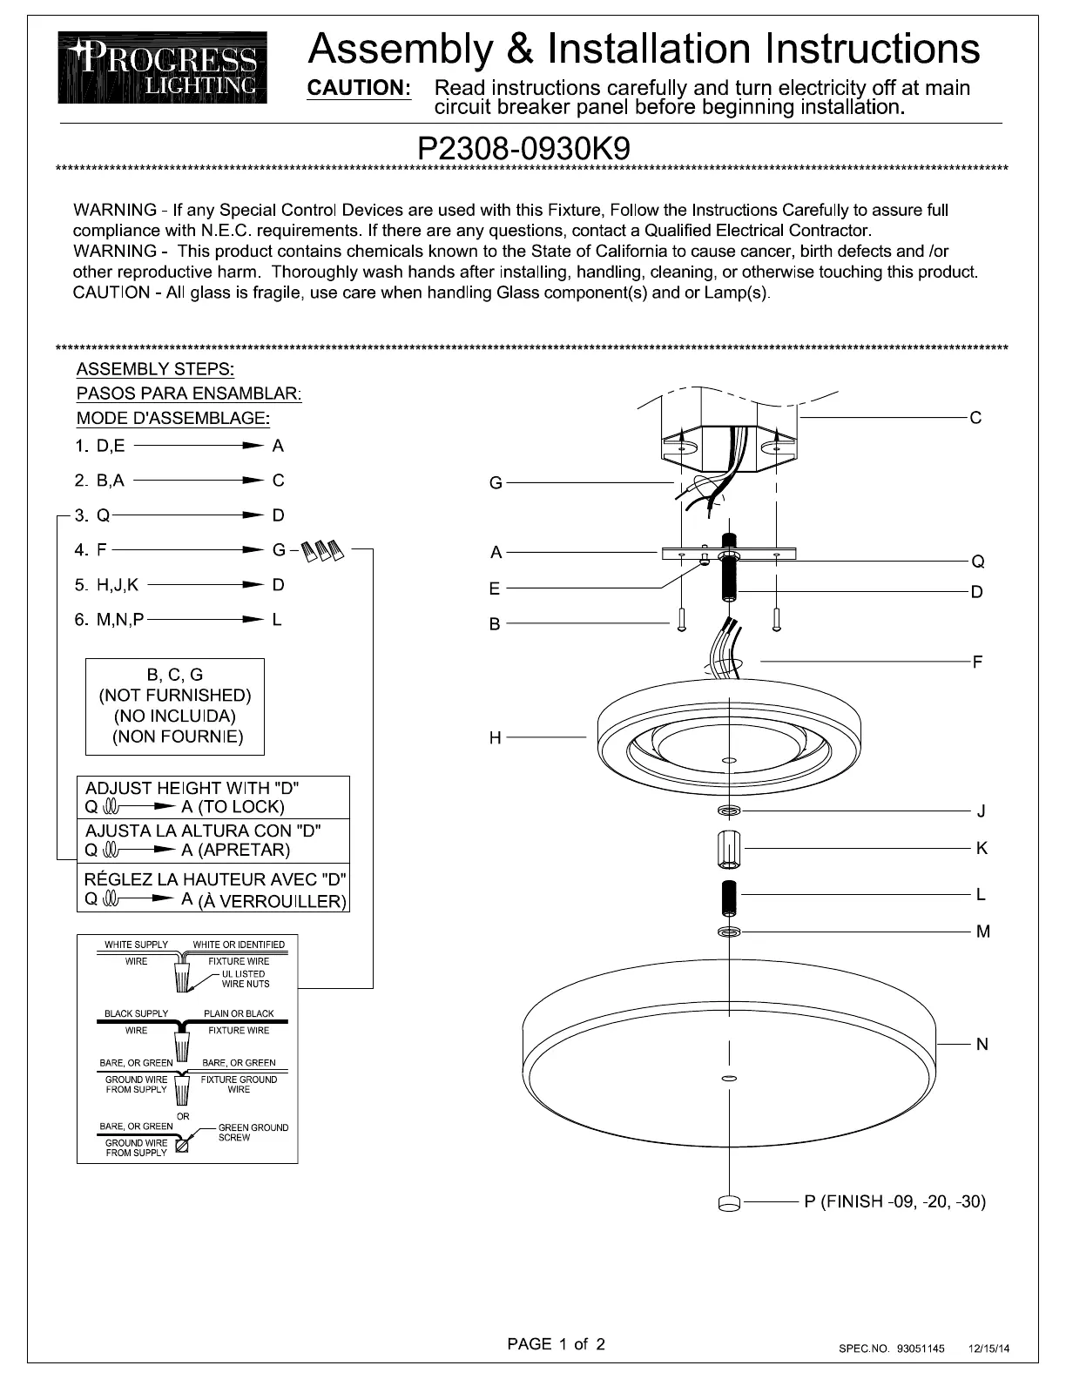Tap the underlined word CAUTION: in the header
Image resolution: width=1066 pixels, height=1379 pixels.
point(360,88)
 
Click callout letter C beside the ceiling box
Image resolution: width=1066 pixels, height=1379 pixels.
point(975,418)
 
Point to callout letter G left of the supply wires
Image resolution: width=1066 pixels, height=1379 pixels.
point(496,483)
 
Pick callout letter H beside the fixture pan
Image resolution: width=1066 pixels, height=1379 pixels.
point(496,738)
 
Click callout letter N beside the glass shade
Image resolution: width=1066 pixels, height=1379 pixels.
point(982,1044)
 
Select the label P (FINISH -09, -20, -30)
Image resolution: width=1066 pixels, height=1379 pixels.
point(895,1202)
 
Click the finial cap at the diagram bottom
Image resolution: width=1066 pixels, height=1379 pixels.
point(729,1203)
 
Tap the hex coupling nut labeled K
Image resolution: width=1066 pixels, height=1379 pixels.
point(729,847)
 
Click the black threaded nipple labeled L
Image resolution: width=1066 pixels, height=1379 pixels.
point(729,895)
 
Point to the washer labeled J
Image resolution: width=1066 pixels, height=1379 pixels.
point(729,811)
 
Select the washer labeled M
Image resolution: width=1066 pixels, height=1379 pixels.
point(729,932)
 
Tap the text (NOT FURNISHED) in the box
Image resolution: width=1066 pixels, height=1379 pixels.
point(175,696)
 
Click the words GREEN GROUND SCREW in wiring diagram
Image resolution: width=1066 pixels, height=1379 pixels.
point(253,1133)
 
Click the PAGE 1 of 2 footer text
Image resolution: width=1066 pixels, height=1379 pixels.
point(556,1343)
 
